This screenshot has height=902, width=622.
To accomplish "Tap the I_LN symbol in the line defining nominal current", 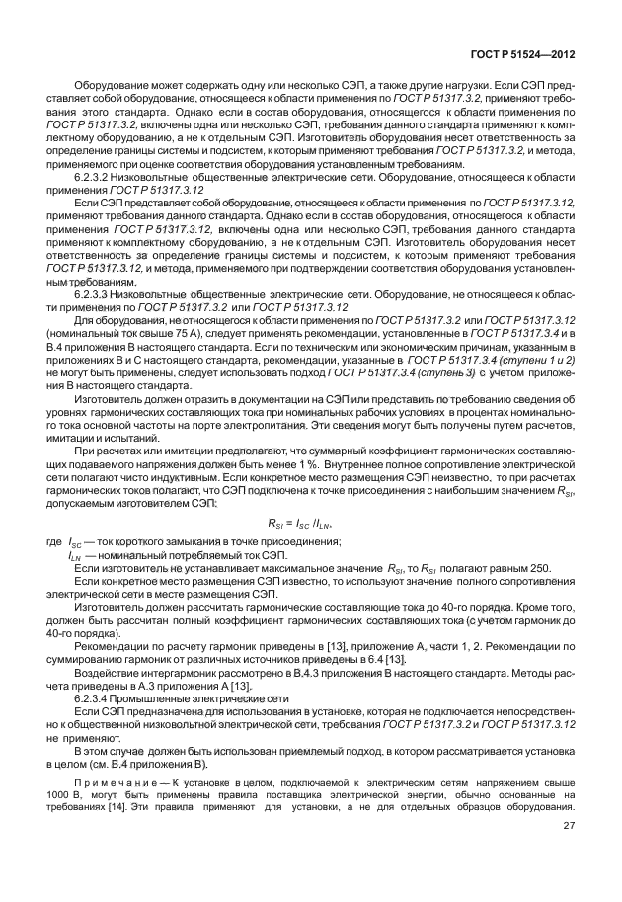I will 75,556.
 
